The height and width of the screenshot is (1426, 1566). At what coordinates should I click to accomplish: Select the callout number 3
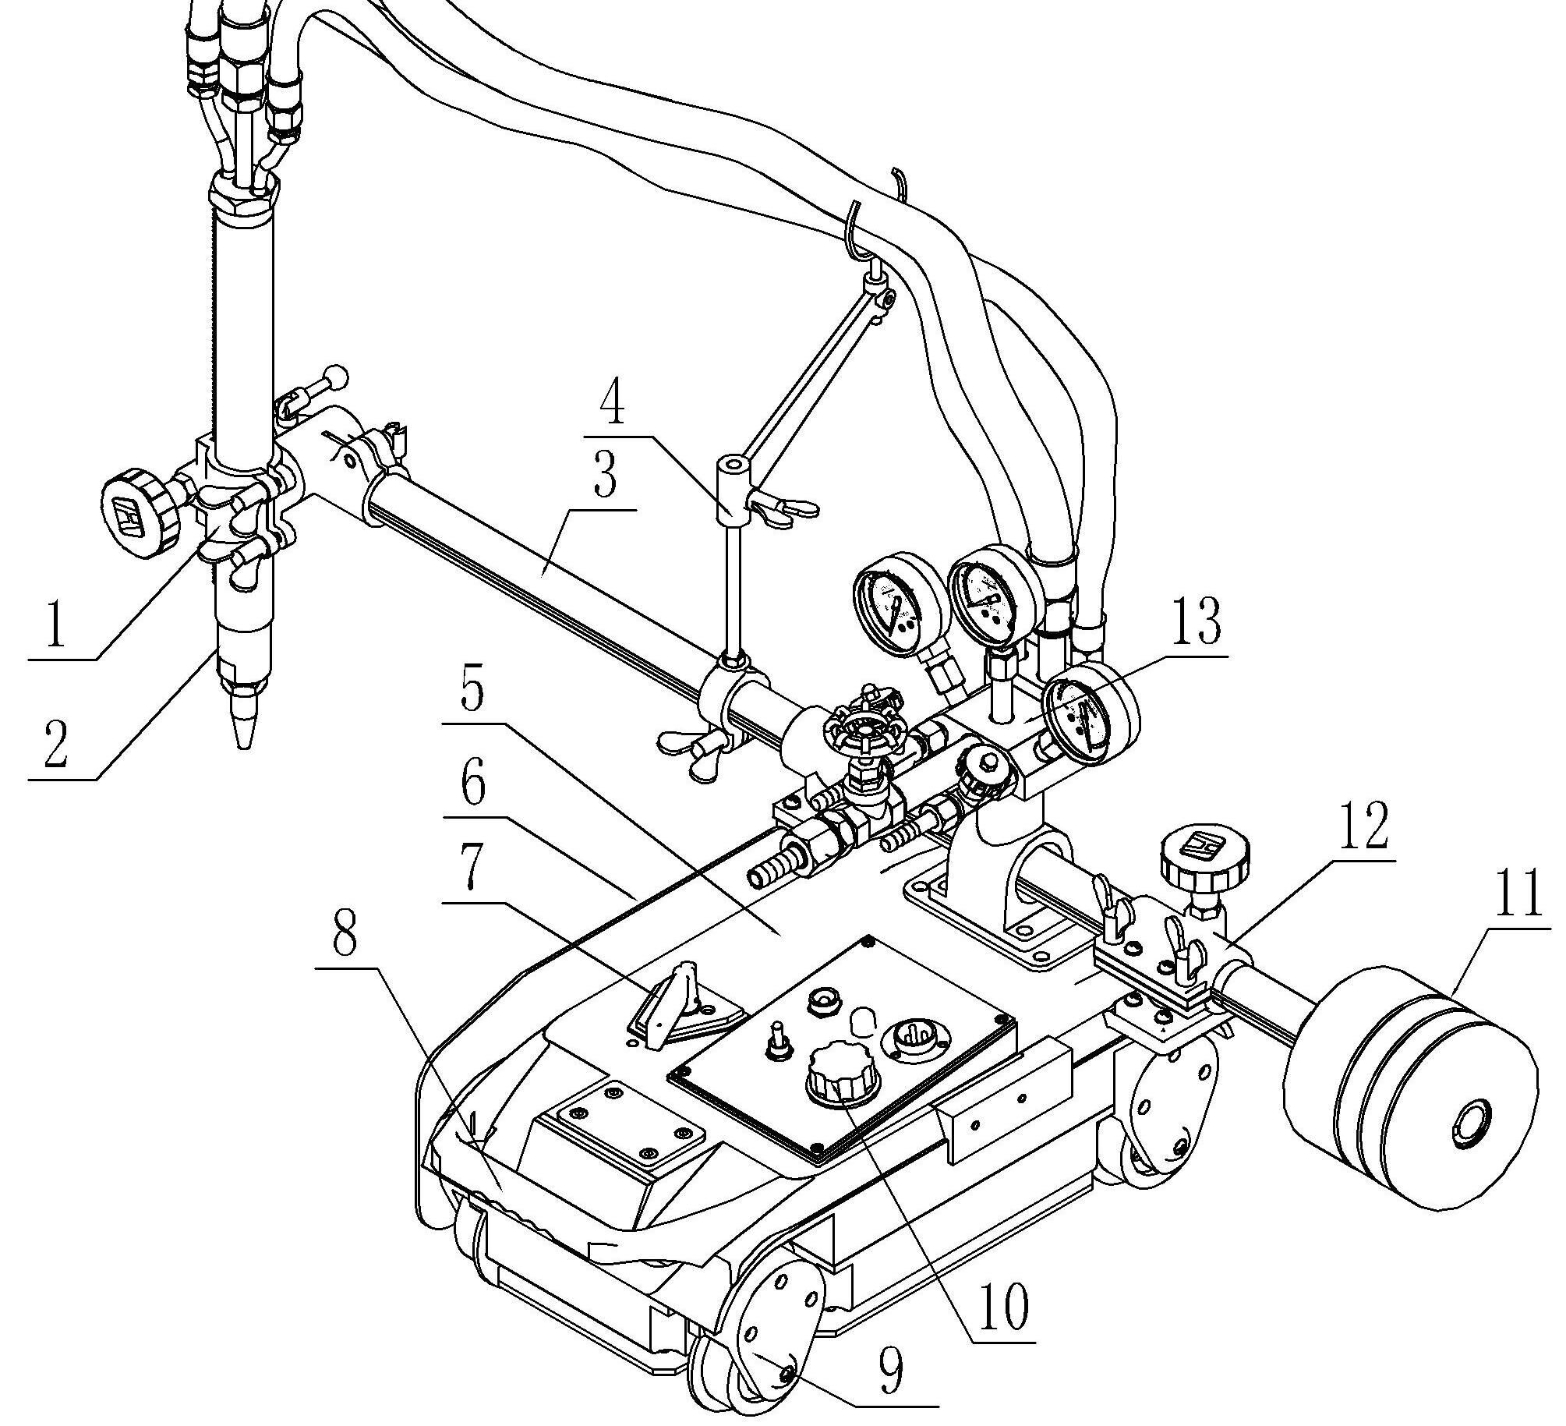coord(605,476)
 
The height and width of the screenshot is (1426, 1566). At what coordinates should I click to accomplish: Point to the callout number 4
coord(613,405)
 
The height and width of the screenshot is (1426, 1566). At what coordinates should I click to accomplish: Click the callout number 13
coord(1197,622)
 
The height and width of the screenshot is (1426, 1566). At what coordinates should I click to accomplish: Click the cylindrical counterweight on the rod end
coord(1411,1107)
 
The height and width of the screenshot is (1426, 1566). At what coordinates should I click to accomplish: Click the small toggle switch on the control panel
coord(778,1041)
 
